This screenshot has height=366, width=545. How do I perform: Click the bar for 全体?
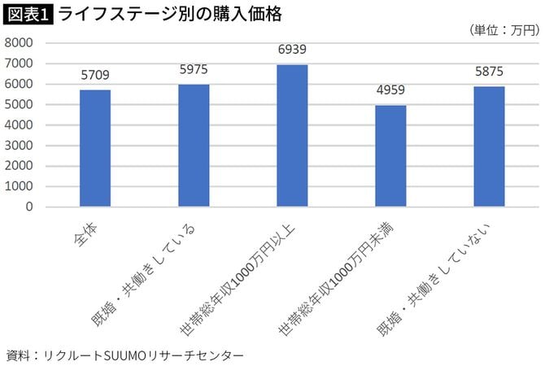(95, 148)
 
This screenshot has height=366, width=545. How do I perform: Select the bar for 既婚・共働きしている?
(194, 146)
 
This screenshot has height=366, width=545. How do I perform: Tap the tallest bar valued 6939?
(292, 136)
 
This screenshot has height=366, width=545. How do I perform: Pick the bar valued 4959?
(390, 156)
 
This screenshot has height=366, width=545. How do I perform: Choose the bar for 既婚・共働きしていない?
(489, 146)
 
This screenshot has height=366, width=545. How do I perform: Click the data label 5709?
(95, 76)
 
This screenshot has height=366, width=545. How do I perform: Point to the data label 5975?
(194, 70)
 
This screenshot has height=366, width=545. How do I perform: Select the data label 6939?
(292, 50)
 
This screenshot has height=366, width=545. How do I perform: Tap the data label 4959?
(390, 91)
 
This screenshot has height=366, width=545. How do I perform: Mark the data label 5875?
(489, 72)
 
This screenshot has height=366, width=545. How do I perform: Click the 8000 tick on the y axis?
(19, 42)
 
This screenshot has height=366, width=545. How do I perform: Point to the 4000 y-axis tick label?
(19, 124)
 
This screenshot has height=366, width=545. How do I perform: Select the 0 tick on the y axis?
(29, 207)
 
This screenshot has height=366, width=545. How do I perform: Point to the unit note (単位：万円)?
(504, 30)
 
